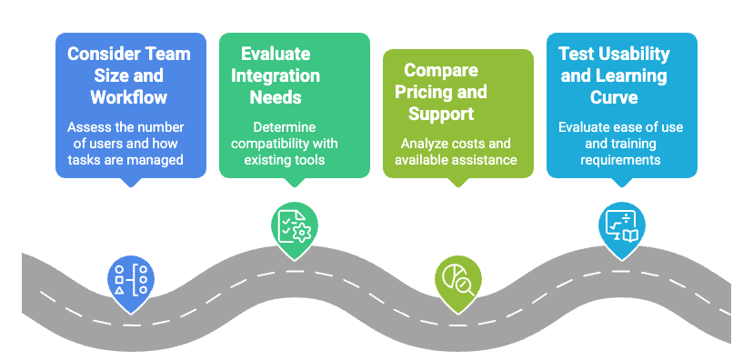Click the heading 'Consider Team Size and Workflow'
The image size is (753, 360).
(130, 75)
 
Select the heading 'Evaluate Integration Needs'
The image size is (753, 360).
(280, 75)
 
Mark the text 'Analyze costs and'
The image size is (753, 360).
(457, 143)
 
